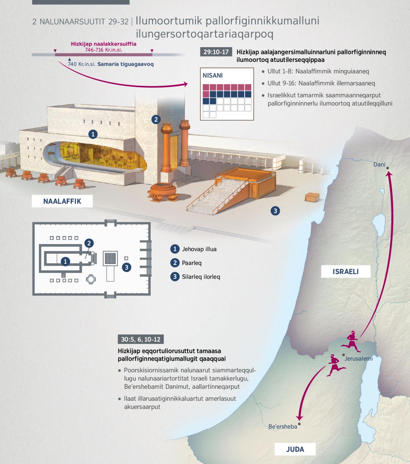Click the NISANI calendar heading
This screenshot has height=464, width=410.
[x=213, y=75]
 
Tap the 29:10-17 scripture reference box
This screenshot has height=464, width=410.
[x=216, y=52]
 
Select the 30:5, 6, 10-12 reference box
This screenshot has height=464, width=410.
[x=140, y=339]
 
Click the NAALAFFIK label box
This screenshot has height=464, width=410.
[x=62, y=201]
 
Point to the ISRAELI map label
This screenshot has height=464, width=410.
[x=345, y=271]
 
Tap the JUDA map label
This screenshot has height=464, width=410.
[x=295, y=449]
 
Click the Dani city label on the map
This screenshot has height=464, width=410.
[x=379, y=164]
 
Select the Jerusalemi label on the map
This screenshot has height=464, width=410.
[x=358, y=359]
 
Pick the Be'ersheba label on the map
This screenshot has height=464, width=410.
[x=283, y=426]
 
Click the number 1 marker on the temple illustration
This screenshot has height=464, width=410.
[x=93, y=134]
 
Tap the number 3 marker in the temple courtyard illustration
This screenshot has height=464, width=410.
[x=275, y=211]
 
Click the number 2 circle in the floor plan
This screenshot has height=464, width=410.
[x=89, y=243]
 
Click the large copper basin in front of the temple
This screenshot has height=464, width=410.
[x=163, y=192]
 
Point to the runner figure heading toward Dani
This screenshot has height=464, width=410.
[x=351, y=341]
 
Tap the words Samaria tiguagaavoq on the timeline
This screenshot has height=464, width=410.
[x=125, y=64]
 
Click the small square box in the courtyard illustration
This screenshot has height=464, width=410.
[x=312, y=197]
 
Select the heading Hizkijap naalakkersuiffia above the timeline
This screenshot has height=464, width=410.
[x=104, y=44]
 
